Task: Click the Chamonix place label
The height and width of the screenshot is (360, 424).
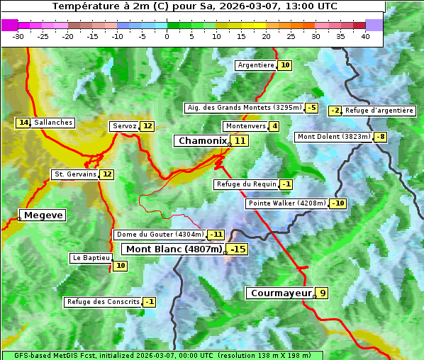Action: [x=202, y=141]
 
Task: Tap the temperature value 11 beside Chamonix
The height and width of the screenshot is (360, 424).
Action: [x=241, y=141]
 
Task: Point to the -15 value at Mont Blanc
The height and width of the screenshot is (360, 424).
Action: [x=238, y=249]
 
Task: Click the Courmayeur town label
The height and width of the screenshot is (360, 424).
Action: [x=280, y=293]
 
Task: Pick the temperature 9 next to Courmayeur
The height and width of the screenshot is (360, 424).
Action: [x=323, y=293]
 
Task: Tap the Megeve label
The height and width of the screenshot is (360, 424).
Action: [x=43, y=215]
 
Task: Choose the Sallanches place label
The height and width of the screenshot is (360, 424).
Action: [x=53, y=123]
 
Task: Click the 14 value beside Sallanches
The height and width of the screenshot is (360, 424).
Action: [x=24, y=123]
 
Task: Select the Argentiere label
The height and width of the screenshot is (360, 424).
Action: [x=256, y=65]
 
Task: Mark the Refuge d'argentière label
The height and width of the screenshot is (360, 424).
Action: [x=379, y=111]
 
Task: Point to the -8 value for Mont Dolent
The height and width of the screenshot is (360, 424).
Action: [x=381, y=137]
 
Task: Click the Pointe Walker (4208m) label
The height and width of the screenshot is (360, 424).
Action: [x=286, y=203]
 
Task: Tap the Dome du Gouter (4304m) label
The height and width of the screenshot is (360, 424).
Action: [x=160, y=235]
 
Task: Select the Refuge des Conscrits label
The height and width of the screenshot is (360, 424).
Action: [x=103, y=302]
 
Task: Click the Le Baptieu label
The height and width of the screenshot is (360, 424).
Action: [x=91, y=258]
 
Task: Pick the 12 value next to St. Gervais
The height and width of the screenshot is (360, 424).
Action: [x=107, y=174]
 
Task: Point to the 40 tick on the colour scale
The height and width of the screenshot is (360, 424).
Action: [x=365, y=36]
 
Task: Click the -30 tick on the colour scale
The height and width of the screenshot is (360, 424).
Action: [x=18, y=36]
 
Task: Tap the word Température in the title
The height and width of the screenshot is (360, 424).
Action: [x=82, y=6]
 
